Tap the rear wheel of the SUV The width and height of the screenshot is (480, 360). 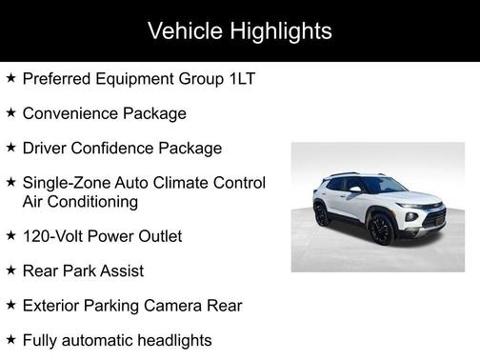tap(321, 215)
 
